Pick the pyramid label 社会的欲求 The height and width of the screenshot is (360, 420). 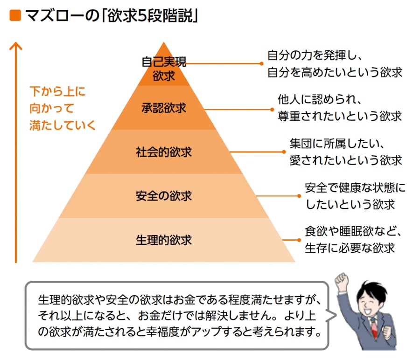pos(163,152)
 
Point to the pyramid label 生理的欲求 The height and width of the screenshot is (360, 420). pos(163,240)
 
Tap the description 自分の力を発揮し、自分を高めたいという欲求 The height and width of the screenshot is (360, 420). pos(334,64)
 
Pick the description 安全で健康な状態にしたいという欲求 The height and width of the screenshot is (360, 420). pos(355,196)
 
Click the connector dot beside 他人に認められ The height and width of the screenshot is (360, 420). pos(273,109)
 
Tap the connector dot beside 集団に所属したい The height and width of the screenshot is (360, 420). pos(284,152)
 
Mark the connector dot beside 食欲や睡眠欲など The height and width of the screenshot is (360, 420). pos(299,240)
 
